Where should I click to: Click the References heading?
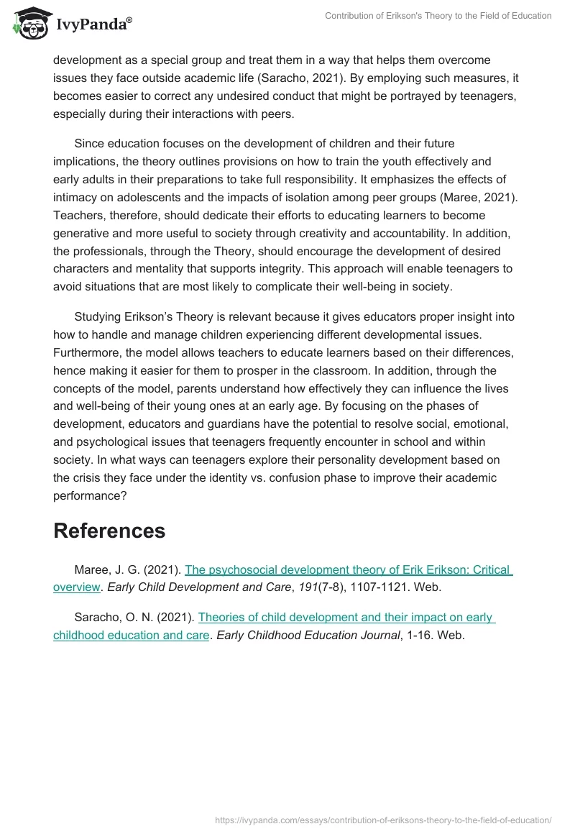[109, 531]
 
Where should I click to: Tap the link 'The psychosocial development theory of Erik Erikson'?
[348, 570]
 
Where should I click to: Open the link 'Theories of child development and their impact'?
[345, 617]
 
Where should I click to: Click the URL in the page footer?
[383, 820]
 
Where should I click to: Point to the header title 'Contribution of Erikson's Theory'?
[438, 16]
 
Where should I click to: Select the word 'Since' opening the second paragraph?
[89, 144]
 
